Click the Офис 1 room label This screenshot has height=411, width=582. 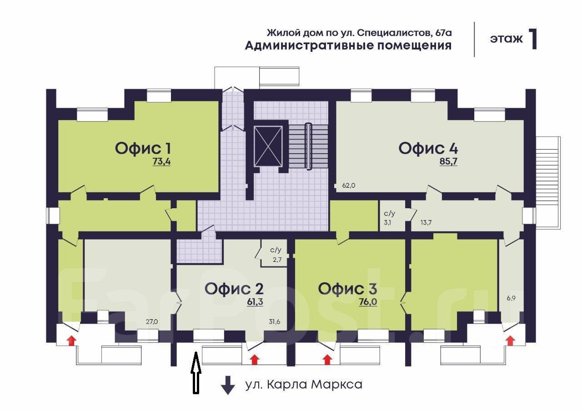point(143,148)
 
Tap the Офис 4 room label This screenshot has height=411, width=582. point(428,148)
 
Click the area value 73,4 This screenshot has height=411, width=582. point(161,161)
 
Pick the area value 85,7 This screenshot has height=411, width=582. point(448,161)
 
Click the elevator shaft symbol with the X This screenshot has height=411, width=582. point(268,146)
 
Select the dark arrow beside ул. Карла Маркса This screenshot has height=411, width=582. point(227,385)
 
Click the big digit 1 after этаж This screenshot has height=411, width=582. point(533,39)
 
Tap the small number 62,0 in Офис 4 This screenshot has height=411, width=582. point(348,185)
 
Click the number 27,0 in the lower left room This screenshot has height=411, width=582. point(151,322)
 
